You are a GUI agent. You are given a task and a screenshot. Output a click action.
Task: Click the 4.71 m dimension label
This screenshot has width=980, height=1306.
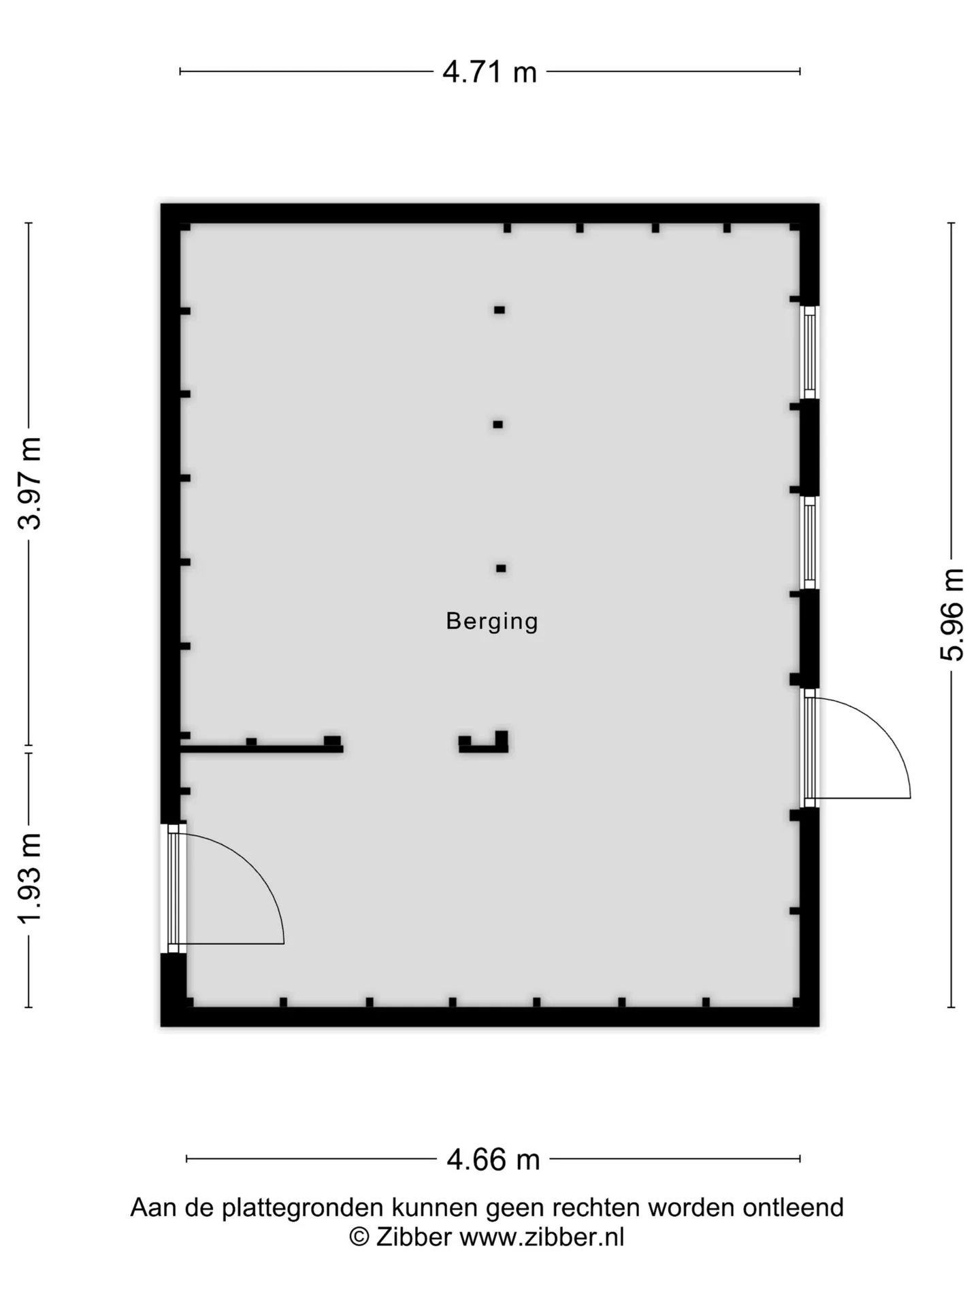[489, 71]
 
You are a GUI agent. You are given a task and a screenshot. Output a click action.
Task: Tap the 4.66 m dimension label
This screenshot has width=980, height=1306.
[493, 1159]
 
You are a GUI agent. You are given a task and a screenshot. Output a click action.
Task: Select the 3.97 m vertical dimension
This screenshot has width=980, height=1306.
[31, 484]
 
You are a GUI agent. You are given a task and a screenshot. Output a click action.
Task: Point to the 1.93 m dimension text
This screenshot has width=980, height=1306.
[31, 878]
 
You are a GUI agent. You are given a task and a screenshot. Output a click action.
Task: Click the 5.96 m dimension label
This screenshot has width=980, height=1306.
[952, 615]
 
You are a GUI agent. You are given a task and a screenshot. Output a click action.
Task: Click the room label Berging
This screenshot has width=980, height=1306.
[492, 621]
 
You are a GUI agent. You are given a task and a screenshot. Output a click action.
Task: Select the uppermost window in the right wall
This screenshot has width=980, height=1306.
[809, 352]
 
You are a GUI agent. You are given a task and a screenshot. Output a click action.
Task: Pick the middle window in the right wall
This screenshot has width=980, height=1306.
[809, 542]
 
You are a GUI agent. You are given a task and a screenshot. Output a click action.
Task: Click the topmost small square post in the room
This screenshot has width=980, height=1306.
[500, 310]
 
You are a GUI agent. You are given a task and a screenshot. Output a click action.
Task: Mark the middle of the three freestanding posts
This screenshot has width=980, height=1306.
[498, 424]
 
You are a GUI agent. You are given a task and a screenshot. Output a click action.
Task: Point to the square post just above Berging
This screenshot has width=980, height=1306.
[501, 569]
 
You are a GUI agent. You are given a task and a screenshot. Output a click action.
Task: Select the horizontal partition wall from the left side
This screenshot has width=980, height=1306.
[261, 748]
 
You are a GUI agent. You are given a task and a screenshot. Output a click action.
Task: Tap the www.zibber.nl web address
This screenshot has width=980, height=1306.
[542, 1237]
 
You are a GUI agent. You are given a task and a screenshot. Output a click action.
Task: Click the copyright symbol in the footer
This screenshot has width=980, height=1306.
[359, 1237]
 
